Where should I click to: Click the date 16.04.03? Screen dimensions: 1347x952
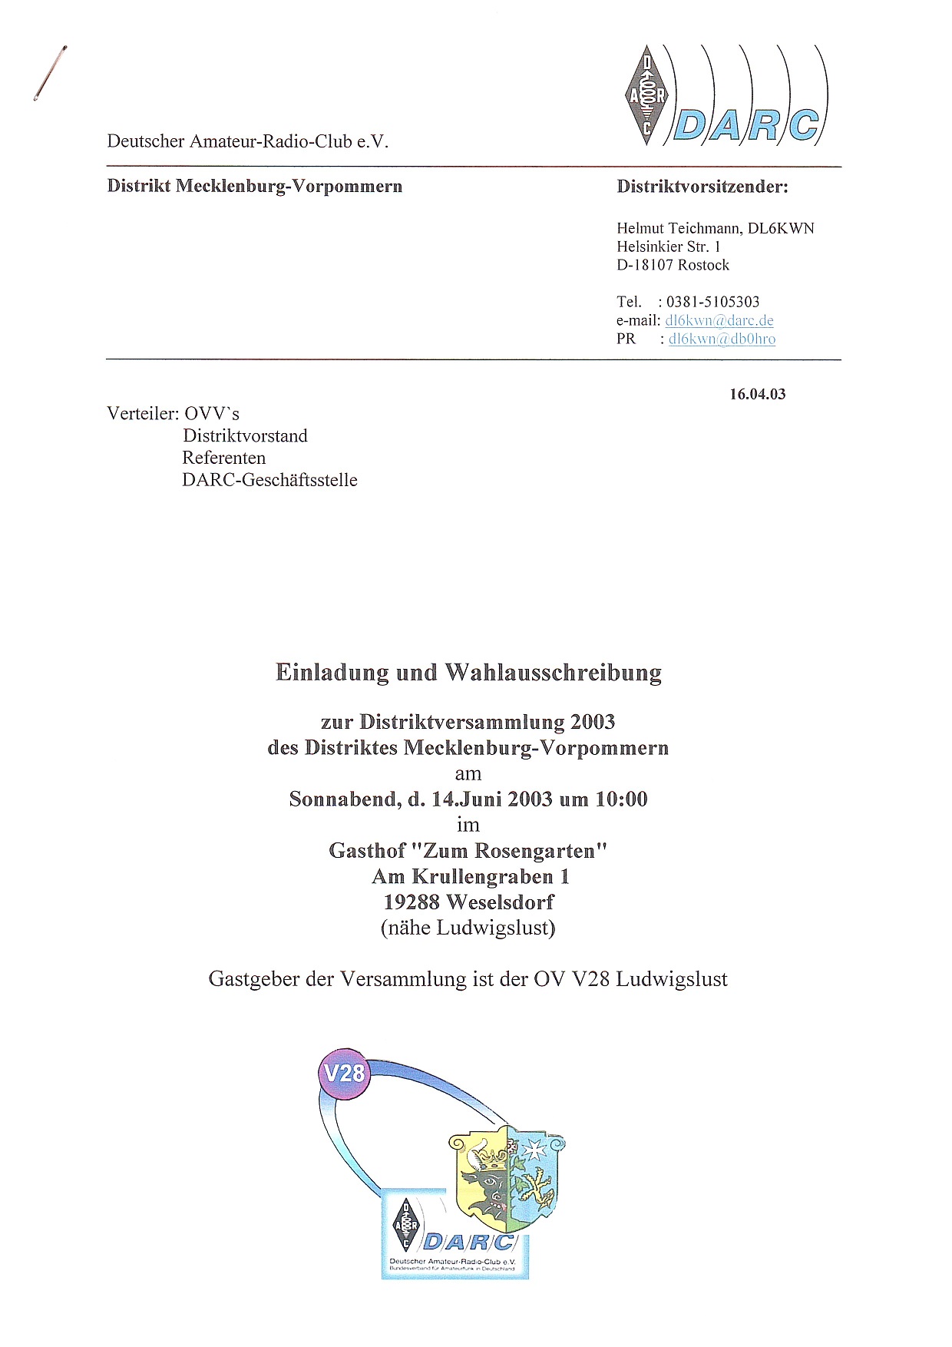point(757,394)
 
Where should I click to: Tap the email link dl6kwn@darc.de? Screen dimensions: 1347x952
point(719,320)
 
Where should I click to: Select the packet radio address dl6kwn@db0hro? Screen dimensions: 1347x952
point(722,339)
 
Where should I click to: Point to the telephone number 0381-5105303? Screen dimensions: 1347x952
point(712,302)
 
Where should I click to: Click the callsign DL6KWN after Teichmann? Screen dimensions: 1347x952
point(781,228)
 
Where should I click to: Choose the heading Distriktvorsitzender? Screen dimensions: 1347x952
point(702,187)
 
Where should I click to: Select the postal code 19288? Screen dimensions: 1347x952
point(412,902)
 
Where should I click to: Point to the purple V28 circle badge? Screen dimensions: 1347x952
point(345,1073)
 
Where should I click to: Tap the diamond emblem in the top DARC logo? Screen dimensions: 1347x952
point(646,95)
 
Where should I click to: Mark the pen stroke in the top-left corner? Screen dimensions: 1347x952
point(50,74)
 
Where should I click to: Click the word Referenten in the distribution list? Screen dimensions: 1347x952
point(224,458)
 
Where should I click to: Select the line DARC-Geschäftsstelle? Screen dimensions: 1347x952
point(269,481)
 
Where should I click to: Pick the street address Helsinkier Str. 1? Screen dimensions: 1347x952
point(668,247)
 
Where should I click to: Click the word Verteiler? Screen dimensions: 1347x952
point(143,414)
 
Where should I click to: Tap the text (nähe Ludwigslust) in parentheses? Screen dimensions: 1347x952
point(468,928)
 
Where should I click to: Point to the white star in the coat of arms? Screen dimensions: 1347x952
point(533,1149)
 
